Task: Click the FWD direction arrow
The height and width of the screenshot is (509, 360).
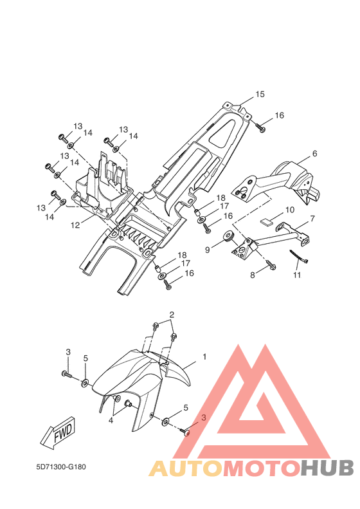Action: point(59,434)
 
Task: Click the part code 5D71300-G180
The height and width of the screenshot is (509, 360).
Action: point(61,467)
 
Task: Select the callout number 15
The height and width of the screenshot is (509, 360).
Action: point(260,94)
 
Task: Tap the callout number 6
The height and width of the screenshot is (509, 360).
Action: point(314,154)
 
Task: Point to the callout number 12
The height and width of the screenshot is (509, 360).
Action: point(75,225)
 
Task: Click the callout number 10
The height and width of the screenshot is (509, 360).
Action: point(290,210)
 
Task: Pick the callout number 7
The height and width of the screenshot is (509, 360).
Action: point(312,219)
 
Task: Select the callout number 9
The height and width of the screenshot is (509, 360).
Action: point(208,250)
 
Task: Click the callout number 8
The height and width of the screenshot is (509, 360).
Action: point(253,275)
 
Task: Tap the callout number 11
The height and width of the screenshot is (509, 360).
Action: point(297,275)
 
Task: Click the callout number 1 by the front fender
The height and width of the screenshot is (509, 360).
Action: point(204,356)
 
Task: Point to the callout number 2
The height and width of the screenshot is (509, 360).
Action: point(172,314)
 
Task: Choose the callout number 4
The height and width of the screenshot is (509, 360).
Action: point(111,420)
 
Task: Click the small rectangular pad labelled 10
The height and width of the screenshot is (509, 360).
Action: point(266,223)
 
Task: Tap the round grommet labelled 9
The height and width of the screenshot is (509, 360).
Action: point(229,237)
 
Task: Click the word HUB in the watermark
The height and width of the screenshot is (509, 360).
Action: point(327,468)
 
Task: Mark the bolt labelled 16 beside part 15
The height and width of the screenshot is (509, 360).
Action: point(260,127)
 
